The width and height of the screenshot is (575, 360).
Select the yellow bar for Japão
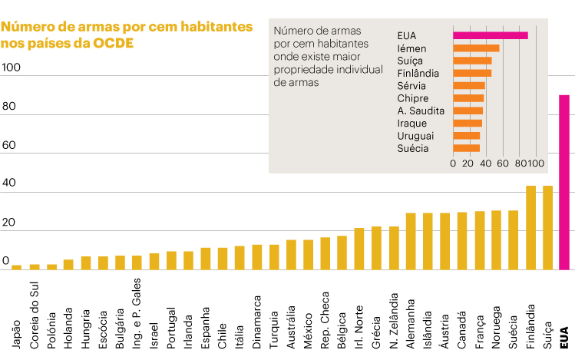16,267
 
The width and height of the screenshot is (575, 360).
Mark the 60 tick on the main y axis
9,145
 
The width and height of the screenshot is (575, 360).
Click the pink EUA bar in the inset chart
490,35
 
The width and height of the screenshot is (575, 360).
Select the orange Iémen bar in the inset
476,48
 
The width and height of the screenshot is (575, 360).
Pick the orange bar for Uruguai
466,136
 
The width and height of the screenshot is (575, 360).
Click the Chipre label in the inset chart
414,98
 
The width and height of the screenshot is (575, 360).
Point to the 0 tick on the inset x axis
453,163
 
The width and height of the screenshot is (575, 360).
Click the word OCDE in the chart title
113,43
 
